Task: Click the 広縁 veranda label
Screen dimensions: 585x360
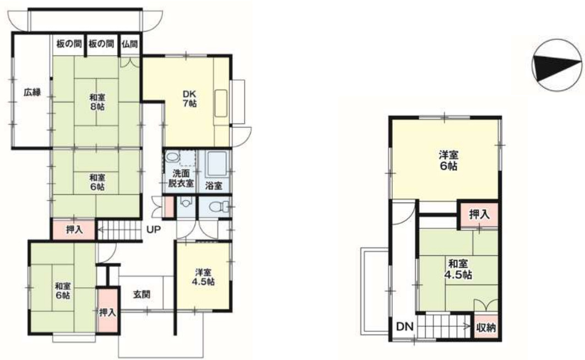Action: point(32,92)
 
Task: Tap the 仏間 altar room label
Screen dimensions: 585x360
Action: point(129,44)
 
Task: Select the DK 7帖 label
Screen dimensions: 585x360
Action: point(189,99)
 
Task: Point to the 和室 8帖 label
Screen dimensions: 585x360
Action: point(97,101)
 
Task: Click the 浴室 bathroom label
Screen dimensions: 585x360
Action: point(214,186)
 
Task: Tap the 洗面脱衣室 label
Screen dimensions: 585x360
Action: point(181,178)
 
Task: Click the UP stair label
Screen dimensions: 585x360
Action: point(153,229)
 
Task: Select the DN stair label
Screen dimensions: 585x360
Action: point(405,327)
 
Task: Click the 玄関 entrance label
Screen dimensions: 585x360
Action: point(142,294)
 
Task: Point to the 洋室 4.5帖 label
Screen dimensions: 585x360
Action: point(203,277)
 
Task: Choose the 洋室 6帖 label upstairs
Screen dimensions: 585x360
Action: point(448,160)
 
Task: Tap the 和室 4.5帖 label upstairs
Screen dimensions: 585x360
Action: point(458,269)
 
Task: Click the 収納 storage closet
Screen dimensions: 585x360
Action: point(486,327)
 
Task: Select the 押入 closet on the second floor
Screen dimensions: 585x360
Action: point(479,214)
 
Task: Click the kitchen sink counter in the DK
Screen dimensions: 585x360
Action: point(221,103)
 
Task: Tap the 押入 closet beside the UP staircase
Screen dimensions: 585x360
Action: point(74,230)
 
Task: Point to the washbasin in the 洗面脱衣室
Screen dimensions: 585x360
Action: point(172,157)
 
